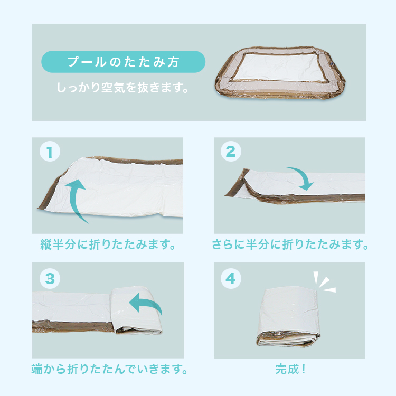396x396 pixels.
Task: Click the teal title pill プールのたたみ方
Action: tap(123, 62)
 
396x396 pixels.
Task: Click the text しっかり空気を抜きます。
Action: tap(122, 88)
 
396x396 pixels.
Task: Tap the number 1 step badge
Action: tap(50, 152)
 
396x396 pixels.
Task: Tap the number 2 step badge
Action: tap(231, 152)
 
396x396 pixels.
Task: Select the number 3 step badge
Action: tap(50, 279)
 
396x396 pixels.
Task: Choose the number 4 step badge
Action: tap(231, 279)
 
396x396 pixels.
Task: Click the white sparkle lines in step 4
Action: tap(323, 283)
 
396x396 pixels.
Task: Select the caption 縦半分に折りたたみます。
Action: tap(108, 244)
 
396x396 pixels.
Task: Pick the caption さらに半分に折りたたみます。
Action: tap(290, 244)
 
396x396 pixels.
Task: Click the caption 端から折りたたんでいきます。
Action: tap(109, 369)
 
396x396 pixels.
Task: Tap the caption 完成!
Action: tap(290, 369)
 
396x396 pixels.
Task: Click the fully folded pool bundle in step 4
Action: tap(288, 316)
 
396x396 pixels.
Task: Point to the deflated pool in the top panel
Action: tap(280, 73)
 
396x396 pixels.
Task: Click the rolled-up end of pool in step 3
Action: tap(136, 310)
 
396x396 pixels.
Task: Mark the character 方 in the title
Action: tap(173, 62)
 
